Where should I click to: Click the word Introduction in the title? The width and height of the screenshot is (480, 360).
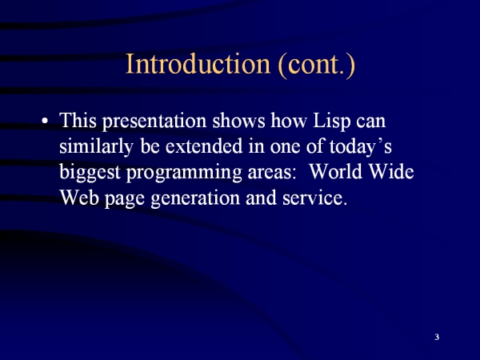pyautogui.click(x=198, y=63)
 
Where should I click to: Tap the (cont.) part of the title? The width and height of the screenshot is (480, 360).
pyautogui.click(x=317, y=65)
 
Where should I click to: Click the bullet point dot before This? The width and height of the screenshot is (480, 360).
pyautogui.click(x=45, y=121)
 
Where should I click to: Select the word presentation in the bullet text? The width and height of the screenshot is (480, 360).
pyautogui.click(x=154, y=122)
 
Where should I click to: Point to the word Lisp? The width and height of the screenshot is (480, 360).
pyautogui.click(x=331, y=122)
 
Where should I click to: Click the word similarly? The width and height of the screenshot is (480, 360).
pyautogui.click(x=96, y=146)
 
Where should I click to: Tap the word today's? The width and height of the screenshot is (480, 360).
pyautogui.click(x=361, y=146)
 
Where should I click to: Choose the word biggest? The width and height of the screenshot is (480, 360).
pyautogui.click(x=90, y=172)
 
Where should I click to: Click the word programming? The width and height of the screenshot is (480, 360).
pyautogui.click(x=184, y=173)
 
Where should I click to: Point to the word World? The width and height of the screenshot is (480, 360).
pyautogui.click(x=336, y=171)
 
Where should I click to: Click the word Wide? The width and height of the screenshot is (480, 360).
pyautogui.click(x=391, y=171)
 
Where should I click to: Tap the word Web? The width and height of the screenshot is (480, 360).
pyautogui.click(x=79, y=198)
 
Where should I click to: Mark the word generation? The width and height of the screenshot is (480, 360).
pyautogui.click(x=195, y=198)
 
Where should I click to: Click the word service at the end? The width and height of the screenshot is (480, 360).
pyautogui.click(x=315, y=198)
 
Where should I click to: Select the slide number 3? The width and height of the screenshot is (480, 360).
pyautogui.click(x=437, y=337)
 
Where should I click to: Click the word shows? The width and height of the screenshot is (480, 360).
pyautogui.click(x=238, y=121)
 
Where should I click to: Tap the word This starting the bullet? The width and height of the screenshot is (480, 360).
pyautogui.click(x=78, y=120)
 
